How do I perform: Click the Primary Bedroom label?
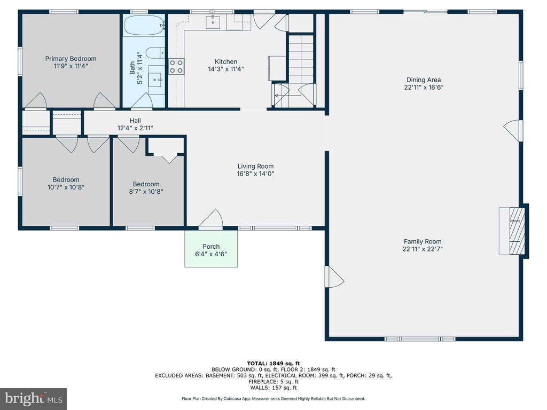(71, 59)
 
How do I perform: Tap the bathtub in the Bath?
(144, 25)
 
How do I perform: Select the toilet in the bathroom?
(155, 53)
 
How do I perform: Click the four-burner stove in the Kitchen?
(176, 66)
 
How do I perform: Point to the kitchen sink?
(213, 21)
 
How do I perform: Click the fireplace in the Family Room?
(514, 231)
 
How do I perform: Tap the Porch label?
(211, 247)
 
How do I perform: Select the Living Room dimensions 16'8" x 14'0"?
(256, 174)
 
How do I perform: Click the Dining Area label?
(424, 80)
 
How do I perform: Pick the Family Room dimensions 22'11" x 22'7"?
(423, 249)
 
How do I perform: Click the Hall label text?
(135, 121)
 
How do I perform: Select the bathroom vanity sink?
(155, 80)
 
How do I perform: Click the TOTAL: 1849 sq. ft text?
(273, 363)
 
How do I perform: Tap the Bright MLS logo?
(34, 398)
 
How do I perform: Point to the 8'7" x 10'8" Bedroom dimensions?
(146, 192)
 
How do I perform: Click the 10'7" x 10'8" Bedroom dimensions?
(66, 187)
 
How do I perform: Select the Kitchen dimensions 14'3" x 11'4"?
(226, 69)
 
